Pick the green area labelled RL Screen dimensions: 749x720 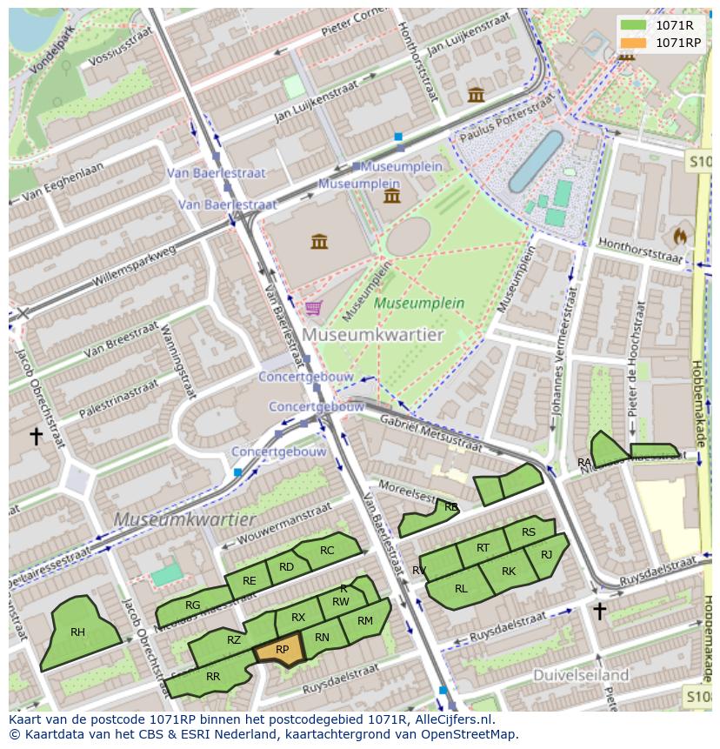pos(460,588)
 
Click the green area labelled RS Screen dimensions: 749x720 pos(528,532)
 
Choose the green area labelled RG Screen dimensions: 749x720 pos(193,605)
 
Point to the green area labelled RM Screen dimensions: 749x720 pos(365,621)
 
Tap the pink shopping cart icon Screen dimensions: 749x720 pos(313,307)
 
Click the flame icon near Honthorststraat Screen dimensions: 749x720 pos(679,236)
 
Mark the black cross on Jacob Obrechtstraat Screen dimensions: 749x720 pos(37,436)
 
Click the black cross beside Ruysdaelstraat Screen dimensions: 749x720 pos(599,611)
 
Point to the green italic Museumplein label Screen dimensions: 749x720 pos(419,304)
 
